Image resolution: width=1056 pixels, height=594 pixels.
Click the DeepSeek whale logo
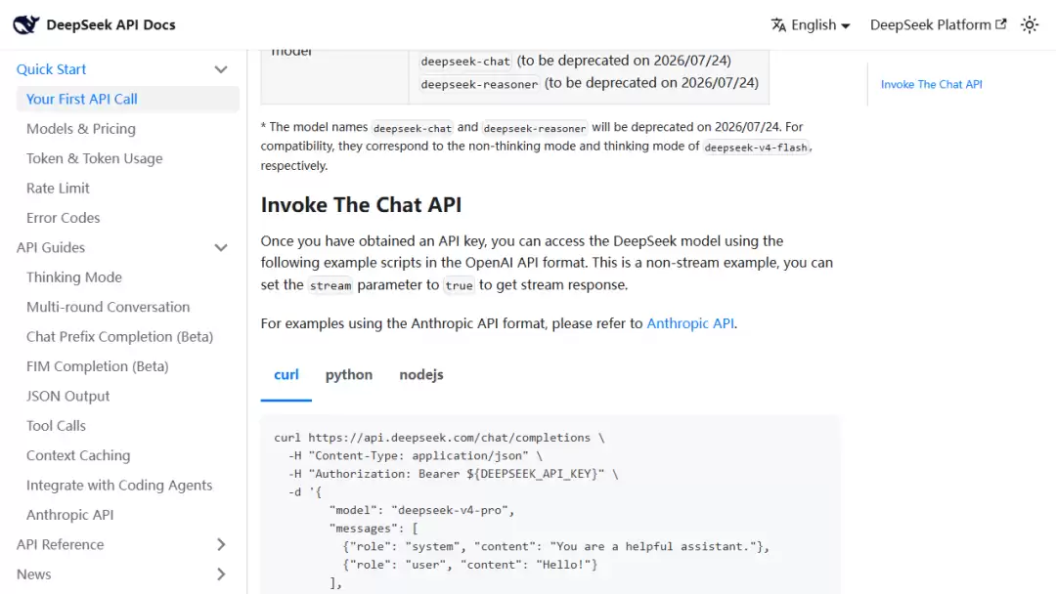pyautogui.click(x=25, y=24)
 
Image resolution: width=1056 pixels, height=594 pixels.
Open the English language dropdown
pyautogui.click(x=811, y=24)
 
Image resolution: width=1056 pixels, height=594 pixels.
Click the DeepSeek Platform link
pyautogui.click(x=938, y=24)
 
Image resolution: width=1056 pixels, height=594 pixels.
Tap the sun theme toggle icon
pyautogui.click(x=1029, y=24)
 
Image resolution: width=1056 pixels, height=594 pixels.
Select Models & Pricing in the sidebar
pyautogui.click(x=81, y=129)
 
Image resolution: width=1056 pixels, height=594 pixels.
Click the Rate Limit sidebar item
pyautogui.click(x=58, y=188)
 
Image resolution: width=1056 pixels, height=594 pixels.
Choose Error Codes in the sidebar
pyautogui.click(x=64, y=217)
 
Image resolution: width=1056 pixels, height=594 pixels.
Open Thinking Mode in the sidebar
pyautogui.click(x=74, y=277)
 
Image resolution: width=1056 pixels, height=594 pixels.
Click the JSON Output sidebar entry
pyautogui.click(x=68, y=396)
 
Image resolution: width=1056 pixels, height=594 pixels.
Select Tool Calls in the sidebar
pyautogui.click(x=56, y=425)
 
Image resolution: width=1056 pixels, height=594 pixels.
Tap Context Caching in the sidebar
pyautogui.click(x=78, y=455)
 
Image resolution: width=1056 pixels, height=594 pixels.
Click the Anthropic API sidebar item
pyautogui.click(x=70, y=515)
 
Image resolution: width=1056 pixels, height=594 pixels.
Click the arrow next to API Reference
pyautogui.click(x=221, y=544)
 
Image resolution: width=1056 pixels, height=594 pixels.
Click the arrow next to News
pyautogui.click(x=221, y=573)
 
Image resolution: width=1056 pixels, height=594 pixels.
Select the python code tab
pyautogui.click(x=349, y=375)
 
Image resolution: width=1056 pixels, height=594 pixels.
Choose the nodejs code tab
pyautogui.click(x=420, y=375)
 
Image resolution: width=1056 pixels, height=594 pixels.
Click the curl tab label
pyautogui.click(x=286, y=375)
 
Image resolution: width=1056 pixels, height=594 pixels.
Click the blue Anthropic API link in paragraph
pyautogui.click(x=690, y=323)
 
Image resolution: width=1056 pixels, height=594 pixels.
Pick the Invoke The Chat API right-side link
pyautogui.click(x=932, y=84)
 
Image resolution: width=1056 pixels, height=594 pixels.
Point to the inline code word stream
pyautogui.click(x=330, y=285)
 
